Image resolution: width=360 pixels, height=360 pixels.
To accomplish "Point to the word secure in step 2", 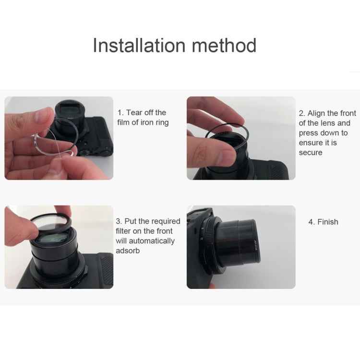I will pos(311,153).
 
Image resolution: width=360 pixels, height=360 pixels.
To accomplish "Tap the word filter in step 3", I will pos(124,231).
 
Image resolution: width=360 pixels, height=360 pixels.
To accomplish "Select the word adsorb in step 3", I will pos(128,251).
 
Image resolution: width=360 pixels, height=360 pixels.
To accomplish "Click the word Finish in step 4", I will pos(328,222).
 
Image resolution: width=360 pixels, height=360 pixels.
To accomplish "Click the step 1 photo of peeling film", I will pos(59,138).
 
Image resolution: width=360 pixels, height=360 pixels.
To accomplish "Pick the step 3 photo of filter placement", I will pos(59,247).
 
